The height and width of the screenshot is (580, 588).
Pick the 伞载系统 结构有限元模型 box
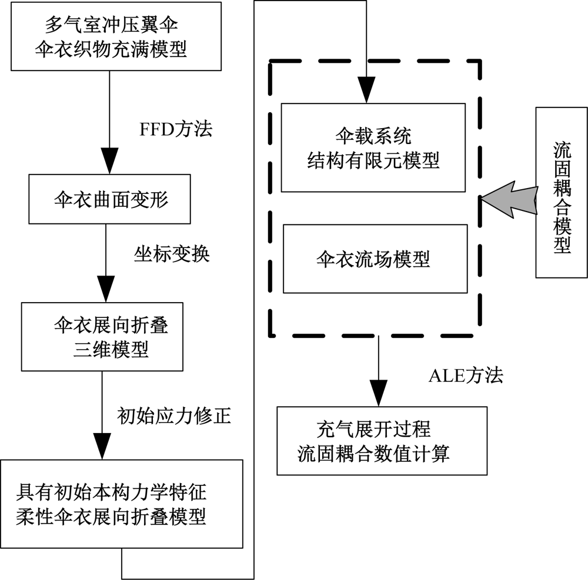[373, 147]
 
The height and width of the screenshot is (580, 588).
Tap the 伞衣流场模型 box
[375, 258]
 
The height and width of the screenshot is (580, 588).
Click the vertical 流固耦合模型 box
[562, 192]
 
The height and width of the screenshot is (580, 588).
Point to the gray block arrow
[510, 199]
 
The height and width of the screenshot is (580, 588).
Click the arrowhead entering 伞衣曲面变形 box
[109, 167]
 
